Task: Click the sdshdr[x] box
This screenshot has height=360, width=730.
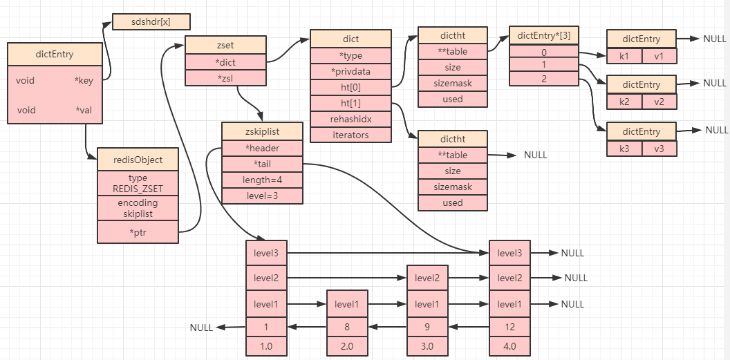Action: tap(151, 21)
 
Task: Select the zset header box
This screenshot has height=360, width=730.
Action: tap(225, 45)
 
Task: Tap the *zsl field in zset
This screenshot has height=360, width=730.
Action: tap(225, 77)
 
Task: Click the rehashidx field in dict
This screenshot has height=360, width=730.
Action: tap(350, 119)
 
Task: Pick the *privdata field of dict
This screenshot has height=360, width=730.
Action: tap(350, 71)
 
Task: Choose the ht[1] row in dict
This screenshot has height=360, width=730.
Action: tap(350, 103)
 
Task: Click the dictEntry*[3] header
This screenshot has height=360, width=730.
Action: tap(543, 36)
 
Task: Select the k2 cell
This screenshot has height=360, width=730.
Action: tap(624, 102)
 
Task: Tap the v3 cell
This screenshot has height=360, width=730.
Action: tap(659, 148)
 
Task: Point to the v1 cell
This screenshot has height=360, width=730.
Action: tap(659, 56)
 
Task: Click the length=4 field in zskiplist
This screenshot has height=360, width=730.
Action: tap(262, 180)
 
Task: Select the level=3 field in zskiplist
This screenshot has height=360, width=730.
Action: tap(262, 196)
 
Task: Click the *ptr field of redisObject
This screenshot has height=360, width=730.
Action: tap(138, 233)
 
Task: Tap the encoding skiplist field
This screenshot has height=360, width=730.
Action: tap(138, 208)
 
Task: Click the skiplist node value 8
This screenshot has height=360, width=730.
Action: tap(346, 328)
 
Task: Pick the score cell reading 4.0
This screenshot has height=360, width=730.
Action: tap(509, 346)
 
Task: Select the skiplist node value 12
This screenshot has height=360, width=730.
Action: tap(509, 328)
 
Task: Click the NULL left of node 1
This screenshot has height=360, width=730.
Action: tap(202, 328)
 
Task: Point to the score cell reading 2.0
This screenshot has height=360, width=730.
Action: tap(346, 346)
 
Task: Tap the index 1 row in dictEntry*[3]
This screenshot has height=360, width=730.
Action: tap(543, 65)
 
